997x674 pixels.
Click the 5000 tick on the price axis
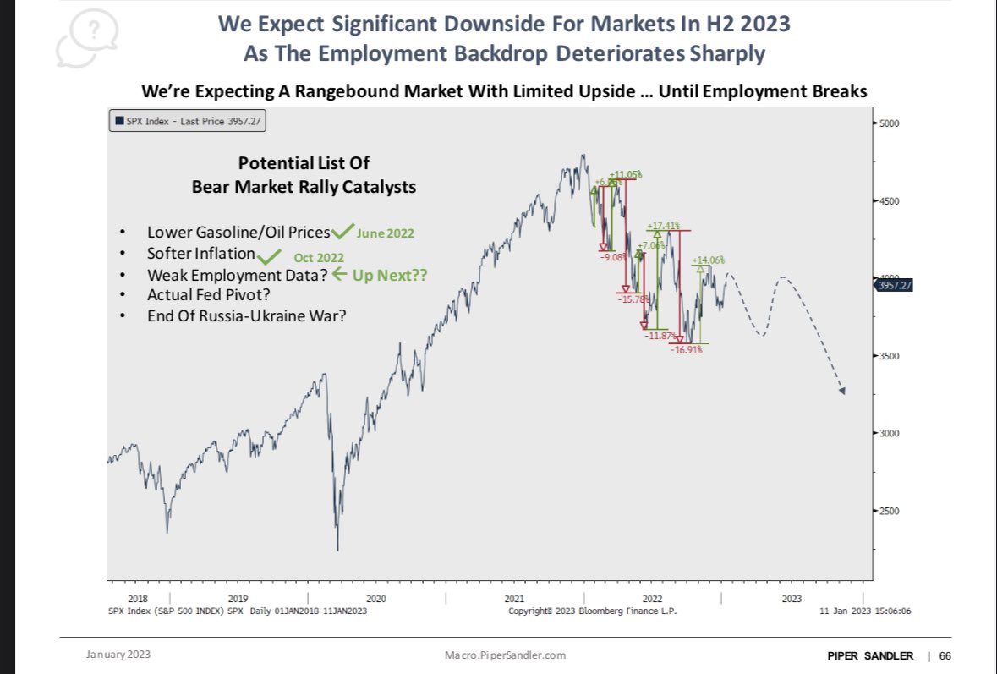pyautogui.click(x=887, y=123)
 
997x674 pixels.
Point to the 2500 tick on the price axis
pyautogui.click(x=887, y=511)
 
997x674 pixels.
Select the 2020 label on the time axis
pyautogui.click(x=376, y=598)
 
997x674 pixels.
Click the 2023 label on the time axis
pyautogui.click(x=792, y=598)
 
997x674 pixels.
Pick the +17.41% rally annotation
pyautogui.click(x=664, y=226)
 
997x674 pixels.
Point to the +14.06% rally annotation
pyautogui.click(x=709, y=260)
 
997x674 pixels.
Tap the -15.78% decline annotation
pyautogui.click(x=633, y=298)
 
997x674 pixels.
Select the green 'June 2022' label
pyautogui.click(x=385, y=233)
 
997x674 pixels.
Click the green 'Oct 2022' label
pyautogui.click(x=319, y=257)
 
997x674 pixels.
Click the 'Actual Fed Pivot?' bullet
pyautogui.click(x=202, y=295)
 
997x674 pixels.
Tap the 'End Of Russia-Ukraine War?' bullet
pyautogui.click(x=246, y=315)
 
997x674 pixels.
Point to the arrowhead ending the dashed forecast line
pyautogui.click(x=841, y=391)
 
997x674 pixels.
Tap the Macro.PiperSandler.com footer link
pyautogui.click(x=505, y=655)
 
